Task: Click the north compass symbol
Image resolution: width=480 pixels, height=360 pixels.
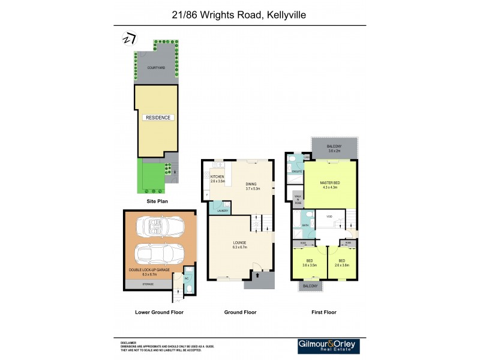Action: (x=128, y=38)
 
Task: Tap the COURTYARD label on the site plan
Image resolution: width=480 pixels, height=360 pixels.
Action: (x=157, y=68)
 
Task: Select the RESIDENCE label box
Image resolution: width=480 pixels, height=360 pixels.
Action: (x=158, y=118)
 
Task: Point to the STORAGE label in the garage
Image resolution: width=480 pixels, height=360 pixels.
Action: (x=147, y=284)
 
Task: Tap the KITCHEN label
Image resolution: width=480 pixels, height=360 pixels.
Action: (x=217, y=177)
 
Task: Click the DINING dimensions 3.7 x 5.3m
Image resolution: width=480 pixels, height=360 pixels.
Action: (x=253, y=188)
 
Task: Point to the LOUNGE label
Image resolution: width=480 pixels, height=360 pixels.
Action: (x=241, y=242)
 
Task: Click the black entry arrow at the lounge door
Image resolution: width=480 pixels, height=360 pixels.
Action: (x=258, y=276)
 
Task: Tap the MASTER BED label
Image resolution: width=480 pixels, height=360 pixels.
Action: (x=330, y=183)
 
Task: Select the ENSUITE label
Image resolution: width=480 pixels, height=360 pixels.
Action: (x=296, y=172)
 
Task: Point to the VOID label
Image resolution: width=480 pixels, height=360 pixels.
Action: (x=329, y=216)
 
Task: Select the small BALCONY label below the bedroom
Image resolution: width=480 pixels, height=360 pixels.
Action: (x=310, y=286)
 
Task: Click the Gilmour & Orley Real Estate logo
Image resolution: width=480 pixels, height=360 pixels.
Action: (x=332, y=346)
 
